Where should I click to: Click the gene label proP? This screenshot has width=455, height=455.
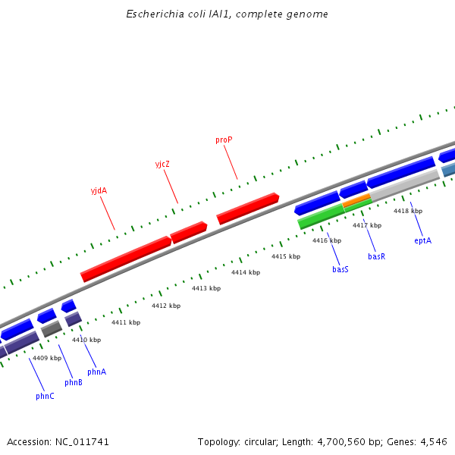[x=223, y=140]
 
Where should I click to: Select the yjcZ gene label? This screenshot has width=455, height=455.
[x=162, y=164]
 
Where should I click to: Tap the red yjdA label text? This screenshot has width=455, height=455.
[x=99, y=190]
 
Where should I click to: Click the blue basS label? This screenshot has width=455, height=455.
[x=340, y=269]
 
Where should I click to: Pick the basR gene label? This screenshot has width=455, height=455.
[x=377, y=256]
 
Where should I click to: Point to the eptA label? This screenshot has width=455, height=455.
[x=422, y=240]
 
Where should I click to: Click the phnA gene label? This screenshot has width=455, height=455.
[x=96, y=372]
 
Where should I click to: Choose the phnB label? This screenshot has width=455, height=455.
[x=74, y=382]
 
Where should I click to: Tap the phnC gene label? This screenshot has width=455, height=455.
[x=45, y=396]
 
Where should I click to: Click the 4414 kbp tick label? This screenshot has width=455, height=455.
[x=246, y=272]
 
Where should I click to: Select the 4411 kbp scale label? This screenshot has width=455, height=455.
[x=126, y=322]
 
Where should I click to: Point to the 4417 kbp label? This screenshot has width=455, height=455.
[x=367, y=225]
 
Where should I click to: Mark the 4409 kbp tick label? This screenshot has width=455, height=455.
[x=47, y=357]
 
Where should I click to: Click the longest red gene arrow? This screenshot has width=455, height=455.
[x=126, y=259]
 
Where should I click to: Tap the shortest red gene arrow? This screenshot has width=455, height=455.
[x=189, y=232]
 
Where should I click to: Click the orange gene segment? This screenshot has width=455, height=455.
[x=356, y=201]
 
